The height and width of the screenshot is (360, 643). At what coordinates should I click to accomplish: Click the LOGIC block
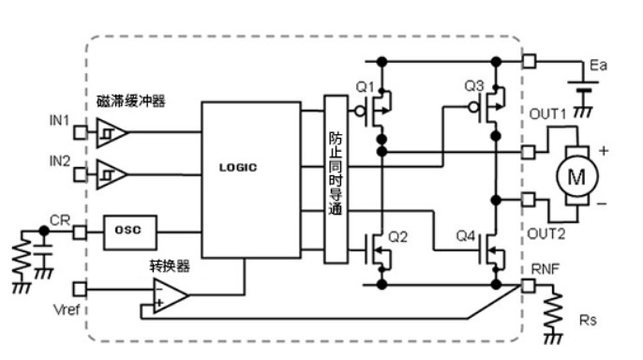click(x=251, y=180)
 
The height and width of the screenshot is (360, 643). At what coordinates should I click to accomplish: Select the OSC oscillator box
click(x=129, y=232)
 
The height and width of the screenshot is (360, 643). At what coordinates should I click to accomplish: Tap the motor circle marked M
click(x=577, y=177)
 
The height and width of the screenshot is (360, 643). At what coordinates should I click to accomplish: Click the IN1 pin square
click(x=81, y=132)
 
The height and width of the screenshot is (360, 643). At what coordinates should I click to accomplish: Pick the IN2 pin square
click(x=81, y=174)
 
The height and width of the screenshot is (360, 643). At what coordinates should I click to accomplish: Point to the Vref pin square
click(x=80, y=289)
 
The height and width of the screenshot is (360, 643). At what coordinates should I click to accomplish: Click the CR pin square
click(x=80, y=232)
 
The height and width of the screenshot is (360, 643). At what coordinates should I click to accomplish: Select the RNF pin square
click(x=529, y=285)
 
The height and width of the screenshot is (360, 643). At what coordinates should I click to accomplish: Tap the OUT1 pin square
click(x=529, y=152)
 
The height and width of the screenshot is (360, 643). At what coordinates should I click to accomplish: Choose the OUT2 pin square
click(x=529, y=200)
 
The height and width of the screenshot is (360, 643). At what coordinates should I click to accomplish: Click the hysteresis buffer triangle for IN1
click(x=111, y=132)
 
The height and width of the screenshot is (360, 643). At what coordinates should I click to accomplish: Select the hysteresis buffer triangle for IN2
click(x=111, y=174)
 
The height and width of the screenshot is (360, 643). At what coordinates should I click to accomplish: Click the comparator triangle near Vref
click(x=171, y=296)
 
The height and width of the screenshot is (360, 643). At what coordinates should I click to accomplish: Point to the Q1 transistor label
click(x=365, y=87)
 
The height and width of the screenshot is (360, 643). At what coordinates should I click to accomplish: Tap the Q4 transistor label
click(x=466, y=236)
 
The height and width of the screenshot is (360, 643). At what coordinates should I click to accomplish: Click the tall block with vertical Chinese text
click(x=336, y=179)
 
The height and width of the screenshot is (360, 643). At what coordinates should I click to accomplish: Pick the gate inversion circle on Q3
click(x=473, y=108)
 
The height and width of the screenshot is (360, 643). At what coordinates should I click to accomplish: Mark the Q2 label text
click(x=397, y=237)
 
